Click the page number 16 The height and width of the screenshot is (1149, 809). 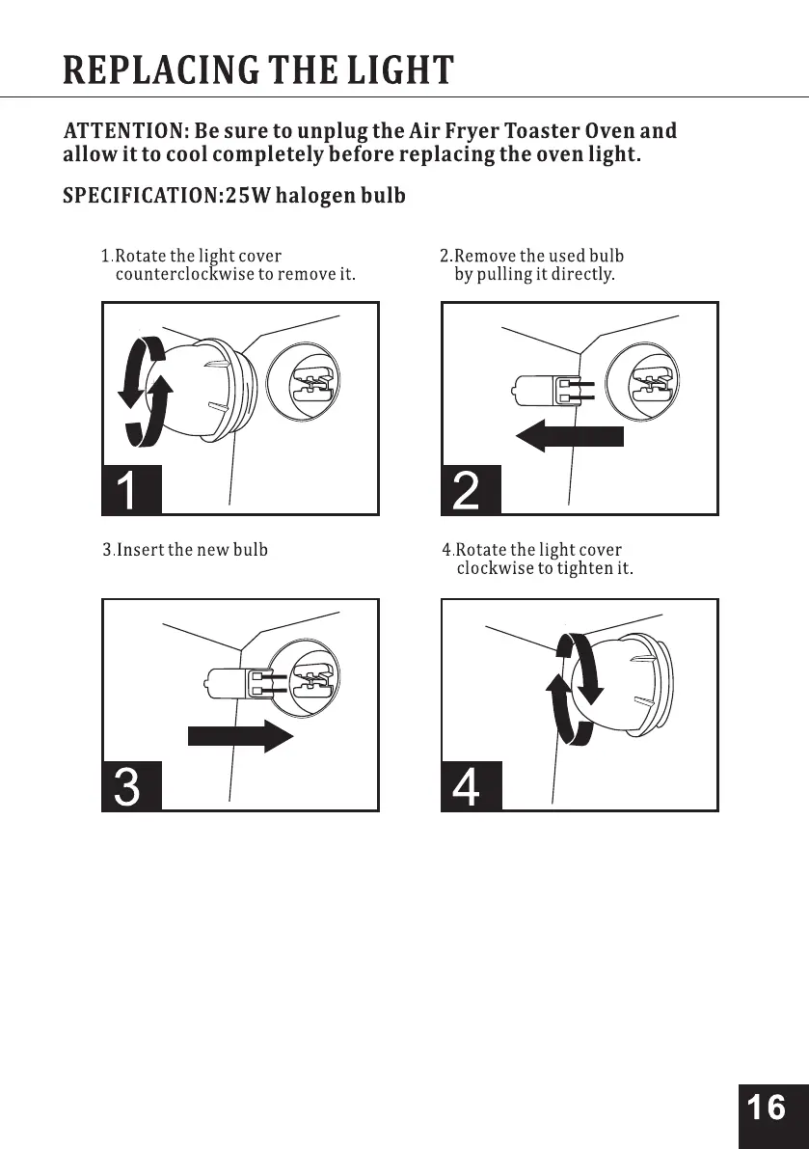coord(767,1108)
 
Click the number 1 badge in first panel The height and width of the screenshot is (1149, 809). coord(129,492)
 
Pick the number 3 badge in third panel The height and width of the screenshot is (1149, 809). coord(129,787)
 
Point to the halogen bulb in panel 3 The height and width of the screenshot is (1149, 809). coord(230,683)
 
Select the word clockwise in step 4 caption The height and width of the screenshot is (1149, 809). coord(494,569)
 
